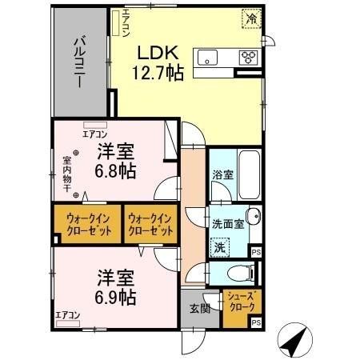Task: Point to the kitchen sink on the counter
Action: tap(210, 57)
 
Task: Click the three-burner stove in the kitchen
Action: tap(249, 57)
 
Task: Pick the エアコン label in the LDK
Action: tap(126, 23)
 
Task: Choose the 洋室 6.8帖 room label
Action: tap(115, 161)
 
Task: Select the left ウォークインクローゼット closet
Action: tap(87, 223)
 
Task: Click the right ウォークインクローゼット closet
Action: tap(150, 223)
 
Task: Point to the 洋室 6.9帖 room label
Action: tap(115, 287)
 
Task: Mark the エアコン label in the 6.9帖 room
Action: tap(67, 315)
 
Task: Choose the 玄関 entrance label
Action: tap(200, 309)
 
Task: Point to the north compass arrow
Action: tap(294, 342)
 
